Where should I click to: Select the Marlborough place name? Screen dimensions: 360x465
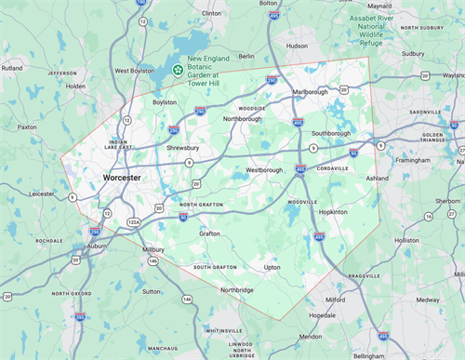[312, 92]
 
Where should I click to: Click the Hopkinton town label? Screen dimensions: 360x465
[332, 212]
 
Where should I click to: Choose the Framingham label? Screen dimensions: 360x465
[413, 160]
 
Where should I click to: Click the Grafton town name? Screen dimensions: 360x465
[208, 233]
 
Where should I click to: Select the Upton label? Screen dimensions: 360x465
[272, 267]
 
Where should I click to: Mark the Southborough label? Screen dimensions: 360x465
[330, 132]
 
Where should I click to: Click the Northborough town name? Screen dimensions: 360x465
[243, 119]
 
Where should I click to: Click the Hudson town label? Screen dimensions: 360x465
[297, 45]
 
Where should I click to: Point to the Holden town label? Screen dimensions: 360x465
[75, 86]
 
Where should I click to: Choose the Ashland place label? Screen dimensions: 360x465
[377, 177]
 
